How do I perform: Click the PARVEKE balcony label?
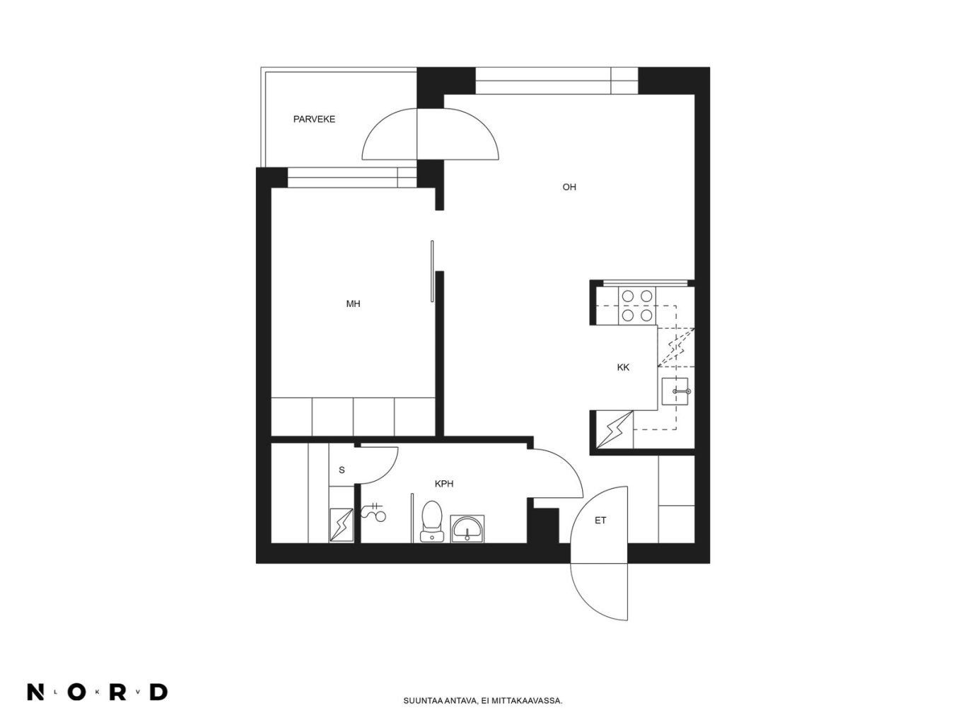[314, 119]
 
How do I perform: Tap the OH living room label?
[569, 187]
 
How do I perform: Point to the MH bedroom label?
[353, 303]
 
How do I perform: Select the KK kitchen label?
[623, 368]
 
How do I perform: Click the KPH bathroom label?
[443, 484]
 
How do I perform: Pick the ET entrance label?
[600, 521]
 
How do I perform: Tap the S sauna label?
[342, 470]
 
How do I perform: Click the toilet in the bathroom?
[431, 521]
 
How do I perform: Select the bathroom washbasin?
[467, 528]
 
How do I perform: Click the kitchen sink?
[675, 391]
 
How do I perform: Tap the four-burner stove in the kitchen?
[637, 306]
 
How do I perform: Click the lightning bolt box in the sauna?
[341, 525]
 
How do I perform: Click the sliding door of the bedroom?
[432, 271]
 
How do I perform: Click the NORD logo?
[98, 692]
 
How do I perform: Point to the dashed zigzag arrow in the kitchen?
[675, 348]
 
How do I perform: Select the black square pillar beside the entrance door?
[543, 526]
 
